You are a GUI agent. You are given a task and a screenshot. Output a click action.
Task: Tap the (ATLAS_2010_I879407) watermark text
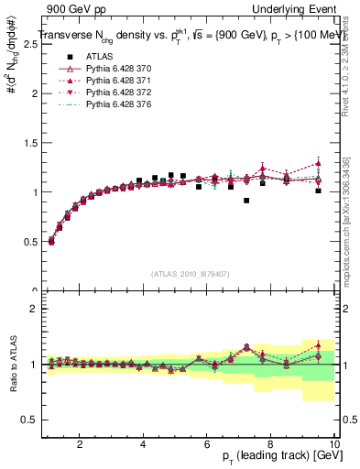pos(189,274)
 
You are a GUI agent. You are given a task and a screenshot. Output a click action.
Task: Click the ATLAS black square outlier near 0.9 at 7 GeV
pos(246,201)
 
